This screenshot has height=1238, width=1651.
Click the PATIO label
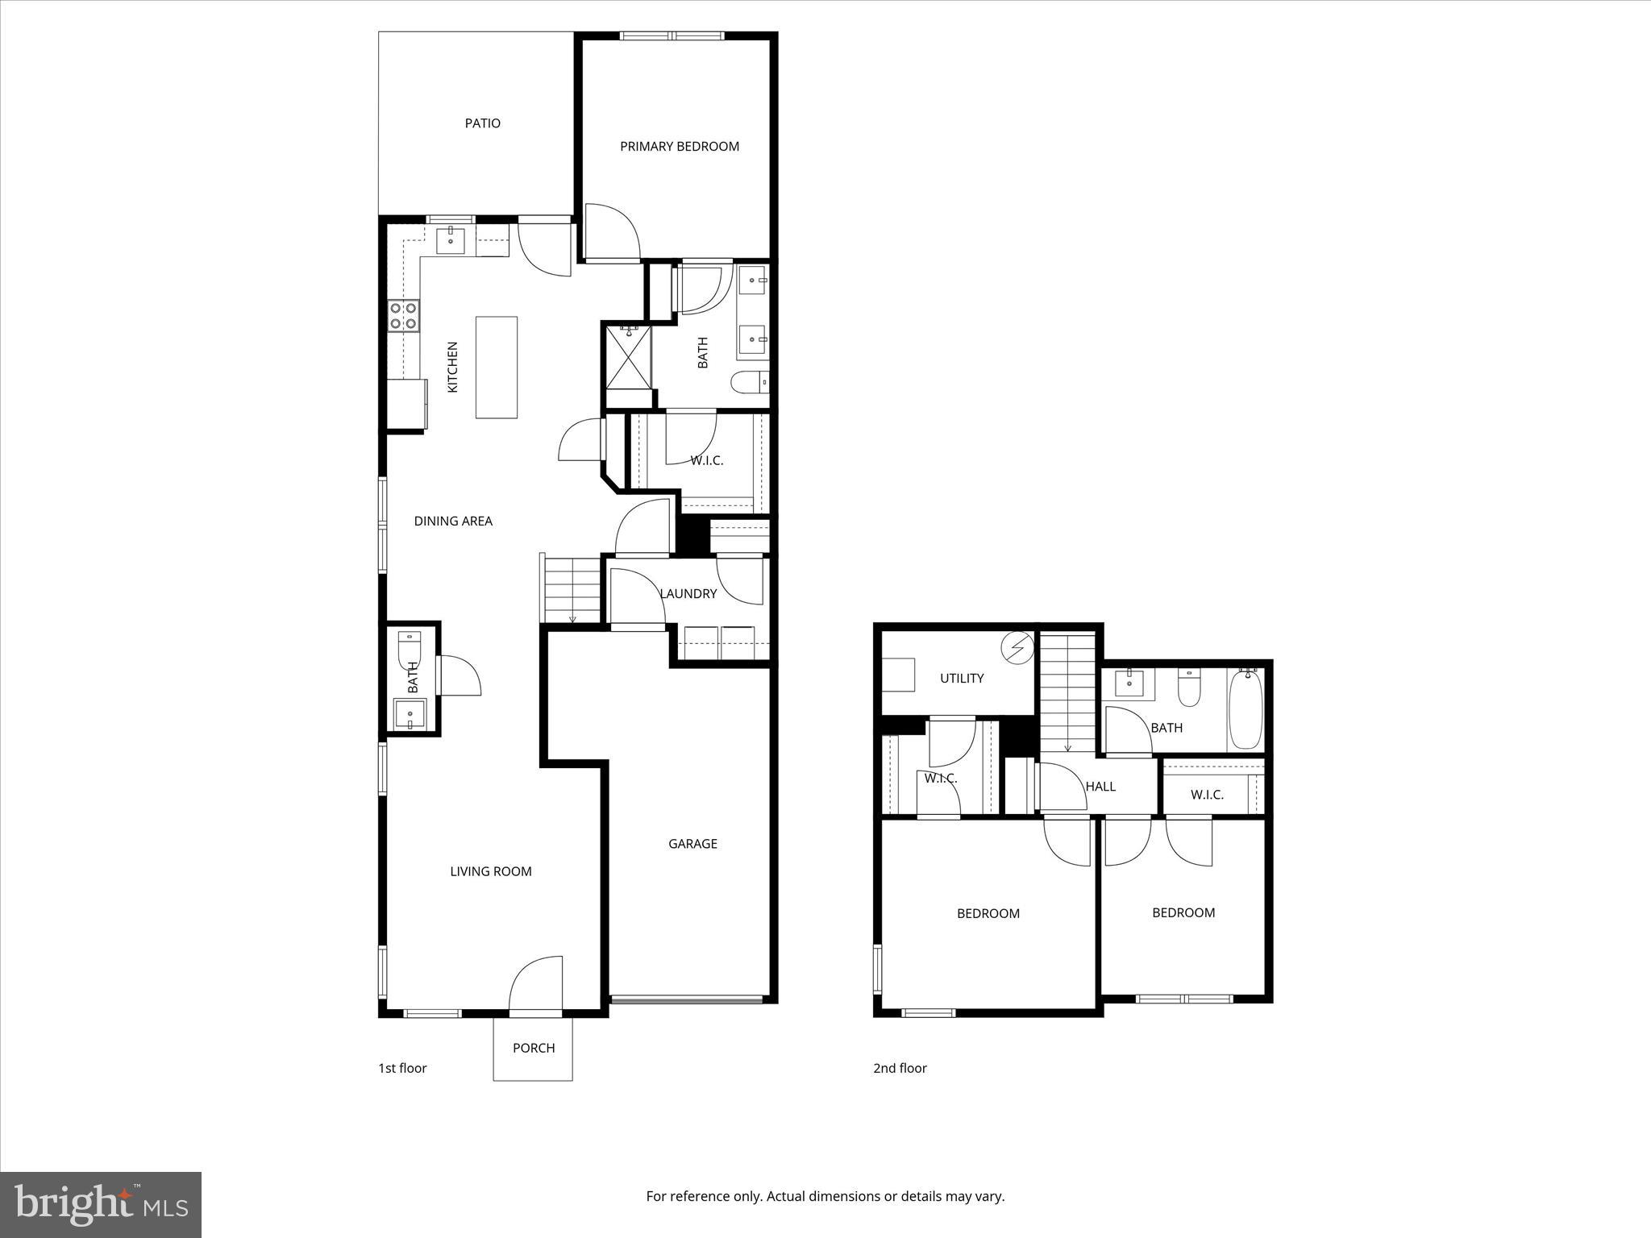[x=482, y=123]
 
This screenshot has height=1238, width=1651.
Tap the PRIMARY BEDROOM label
[x=679, y=147]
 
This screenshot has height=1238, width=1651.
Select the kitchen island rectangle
[x=496, y=367]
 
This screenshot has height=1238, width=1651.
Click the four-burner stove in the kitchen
[x=403, y=315]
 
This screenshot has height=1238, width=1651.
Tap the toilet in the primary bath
[x=750, y=381]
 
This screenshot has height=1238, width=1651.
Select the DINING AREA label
[x=452, y=521]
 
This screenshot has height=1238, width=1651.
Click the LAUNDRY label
[x=688, y=594]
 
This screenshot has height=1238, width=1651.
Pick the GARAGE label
[x=692, y=844]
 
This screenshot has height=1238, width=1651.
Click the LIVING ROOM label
[x=490, y=871]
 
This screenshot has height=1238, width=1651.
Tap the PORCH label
[x=534, y=1048]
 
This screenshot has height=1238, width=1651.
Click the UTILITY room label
[x=962, y=679]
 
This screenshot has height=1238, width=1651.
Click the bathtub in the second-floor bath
[x=1245, y=708]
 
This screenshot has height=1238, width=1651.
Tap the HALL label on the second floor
[x=1100, y=787]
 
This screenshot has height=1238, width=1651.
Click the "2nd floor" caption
[x=900, y=1069]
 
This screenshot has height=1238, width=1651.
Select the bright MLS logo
[x=101, y=1205]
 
